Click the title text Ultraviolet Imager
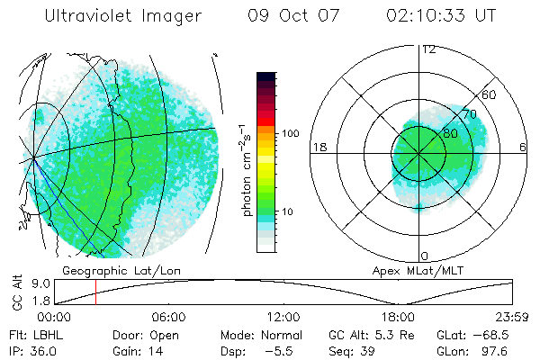[x=122, y=16]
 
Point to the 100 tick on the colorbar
[x=290, y=133]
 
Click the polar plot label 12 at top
[x=428, y=49]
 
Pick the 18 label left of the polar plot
[x=318, y=147]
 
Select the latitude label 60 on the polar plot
[x=489, y=94]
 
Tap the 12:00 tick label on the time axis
[x=283, y=317]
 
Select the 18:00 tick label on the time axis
[x=398, y=317]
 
